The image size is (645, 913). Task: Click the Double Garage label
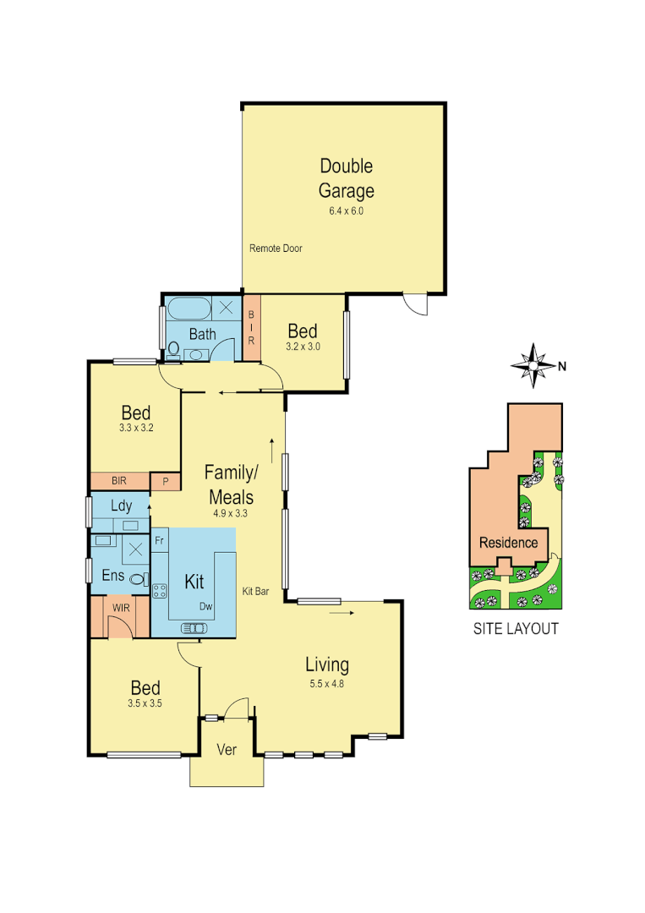coord(346,178)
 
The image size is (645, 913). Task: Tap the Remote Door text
coord(276,249)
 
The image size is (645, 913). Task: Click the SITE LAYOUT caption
coord(515,628)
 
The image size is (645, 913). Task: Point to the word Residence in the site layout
coord(508,542)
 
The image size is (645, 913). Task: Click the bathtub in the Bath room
coord(188,307)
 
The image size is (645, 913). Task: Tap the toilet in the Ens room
coord(137,579)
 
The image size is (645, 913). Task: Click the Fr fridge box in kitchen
coord(159,538)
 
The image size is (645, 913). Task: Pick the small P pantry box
coord(165,481)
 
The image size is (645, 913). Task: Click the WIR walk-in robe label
coord(118,606)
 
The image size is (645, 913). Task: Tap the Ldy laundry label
coord(122,506)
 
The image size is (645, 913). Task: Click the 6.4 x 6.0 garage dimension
coord(346,211)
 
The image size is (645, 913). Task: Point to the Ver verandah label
coord(227,749)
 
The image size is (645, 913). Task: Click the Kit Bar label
coord(255,592)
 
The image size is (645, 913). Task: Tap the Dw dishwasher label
coord(205,606)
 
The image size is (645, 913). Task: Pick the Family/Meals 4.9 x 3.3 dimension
coord(230,512)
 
